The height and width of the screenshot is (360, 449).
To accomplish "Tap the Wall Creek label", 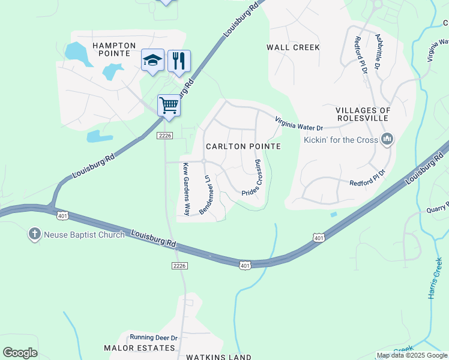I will (294, 47).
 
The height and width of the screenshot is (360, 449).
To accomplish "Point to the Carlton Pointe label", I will (243, 146).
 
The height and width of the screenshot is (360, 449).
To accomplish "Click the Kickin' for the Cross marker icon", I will (387, 140).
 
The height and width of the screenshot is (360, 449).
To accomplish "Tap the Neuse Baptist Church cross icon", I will (35, 234).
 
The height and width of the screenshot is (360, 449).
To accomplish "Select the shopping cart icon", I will (169, 106).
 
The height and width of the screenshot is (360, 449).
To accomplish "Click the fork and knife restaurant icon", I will (179, 61).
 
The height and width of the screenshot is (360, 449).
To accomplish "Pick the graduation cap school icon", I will (152, 60).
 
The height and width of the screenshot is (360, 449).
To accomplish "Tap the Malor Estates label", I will (139, 348).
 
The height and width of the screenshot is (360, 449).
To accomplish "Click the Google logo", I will (20, 353).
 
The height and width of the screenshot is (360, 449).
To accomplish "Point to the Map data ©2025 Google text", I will (411, 355).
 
